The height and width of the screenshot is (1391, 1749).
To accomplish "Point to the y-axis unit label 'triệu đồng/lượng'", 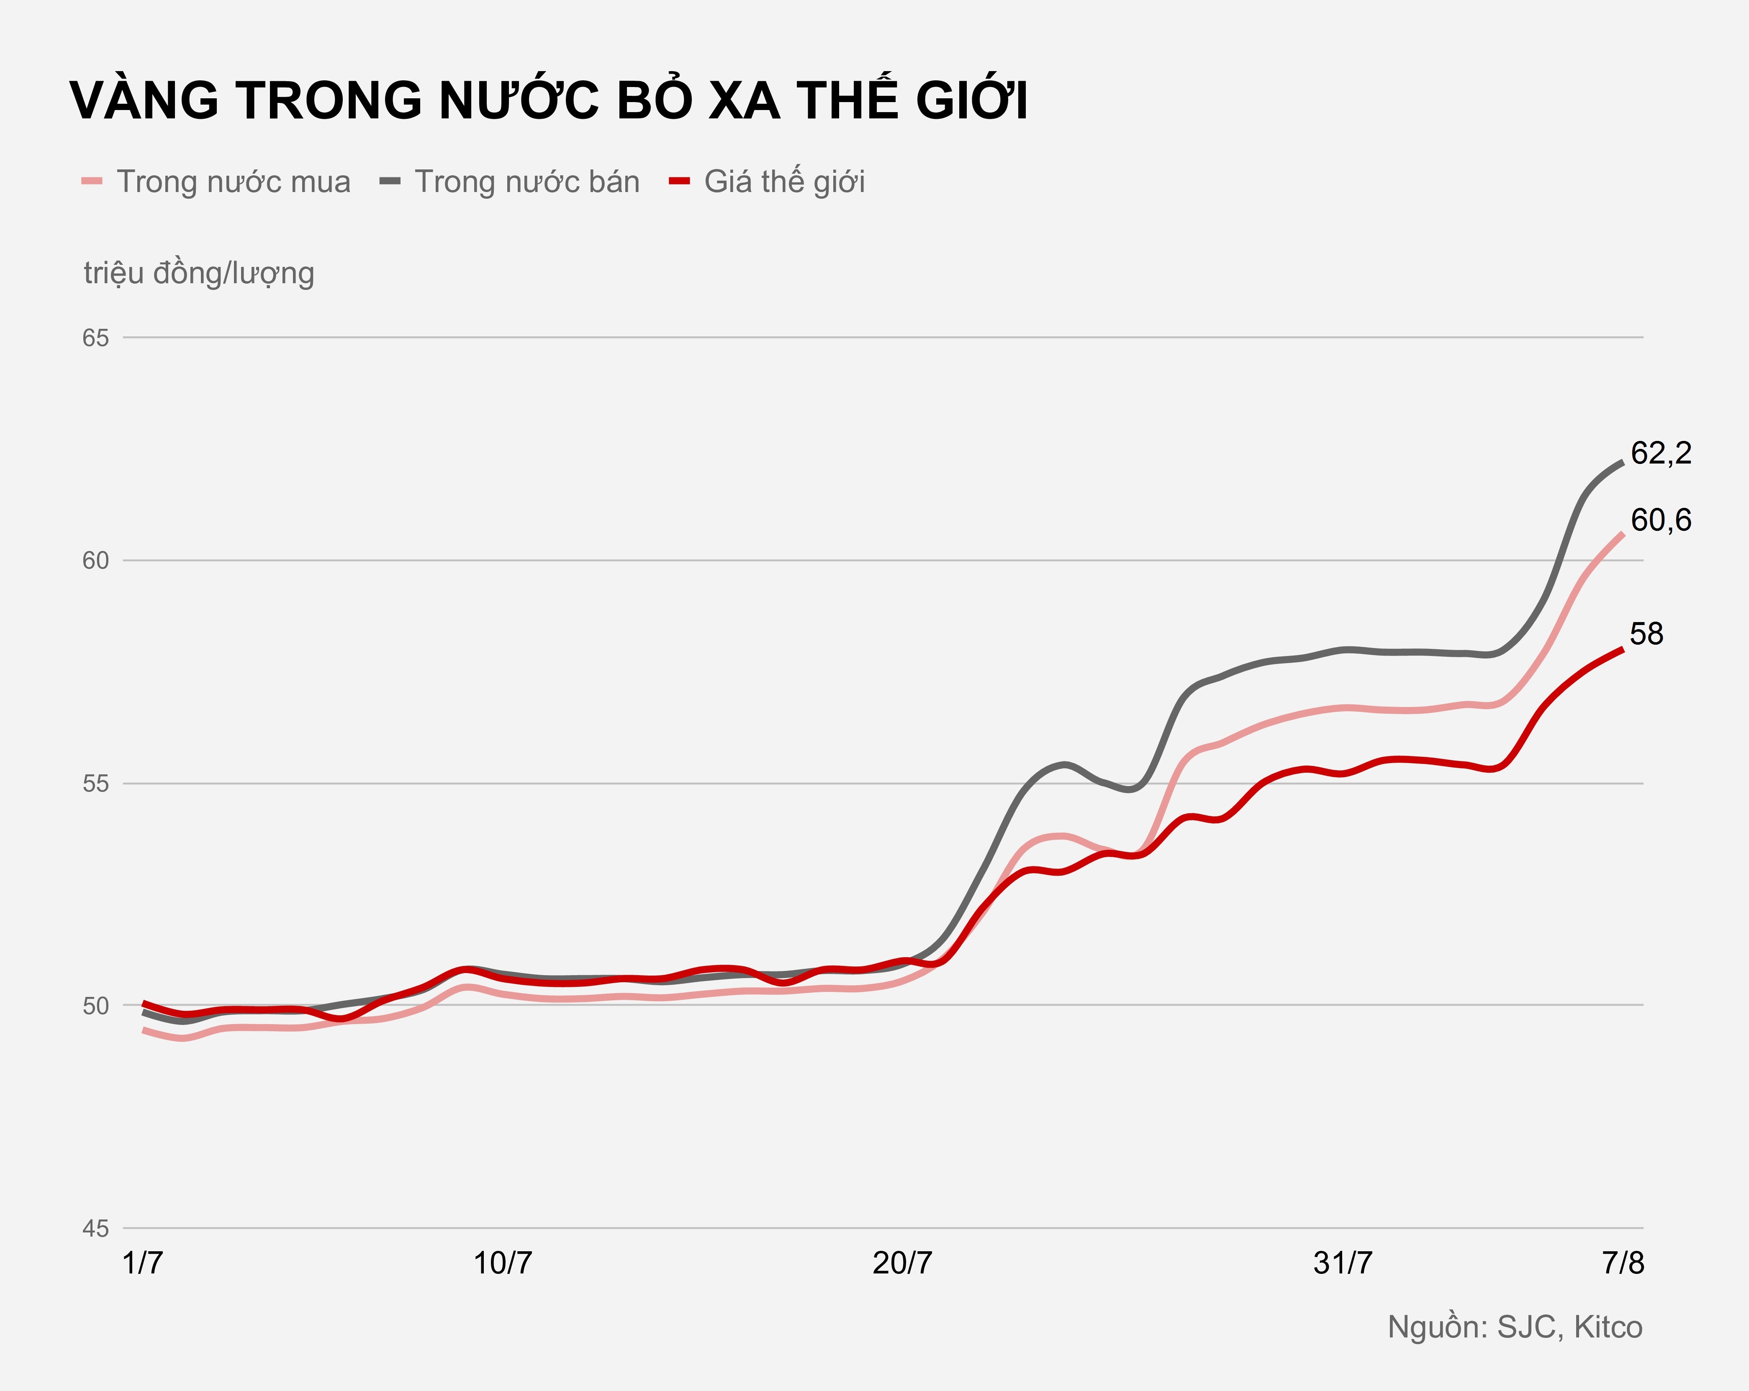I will (199, 273).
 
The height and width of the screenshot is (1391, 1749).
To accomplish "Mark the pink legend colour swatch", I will (92, 182).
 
